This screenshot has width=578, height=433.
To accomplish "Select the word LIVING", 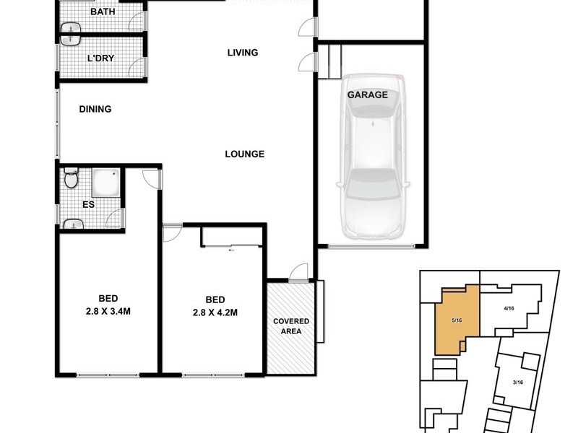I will (x=243, y=53).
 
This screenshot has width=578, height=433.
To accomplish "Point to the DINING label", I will (x=95, y=110).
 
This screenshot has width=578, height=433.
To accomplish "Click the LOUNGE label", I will (x=244, y=154).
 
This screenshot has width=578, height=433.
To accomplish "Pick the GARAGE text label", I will (x=368, y=95).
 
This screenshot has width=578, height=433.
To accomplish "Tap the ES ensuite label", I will (x=88, y=204).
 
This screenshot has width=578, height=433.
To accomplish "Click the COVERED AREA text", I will (x=291, y=327).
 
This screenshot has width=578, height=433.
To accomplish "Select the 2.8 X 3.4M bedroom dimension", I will (x=108, y=312).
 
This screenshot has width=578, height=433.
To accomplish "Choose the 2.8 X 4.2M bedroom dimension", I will (x=215, y=312).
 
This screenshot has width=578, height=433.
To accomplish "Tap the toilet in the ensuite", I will (x=71, y=178).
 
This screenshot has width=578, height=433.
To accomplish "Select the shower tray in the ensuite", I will (x=106, y=185).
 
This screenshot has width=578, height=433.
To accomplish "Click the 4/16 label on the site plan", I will (x=508, y=308).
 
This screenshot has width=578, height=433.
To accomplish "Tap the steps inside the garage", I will (x=330, y=61).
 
